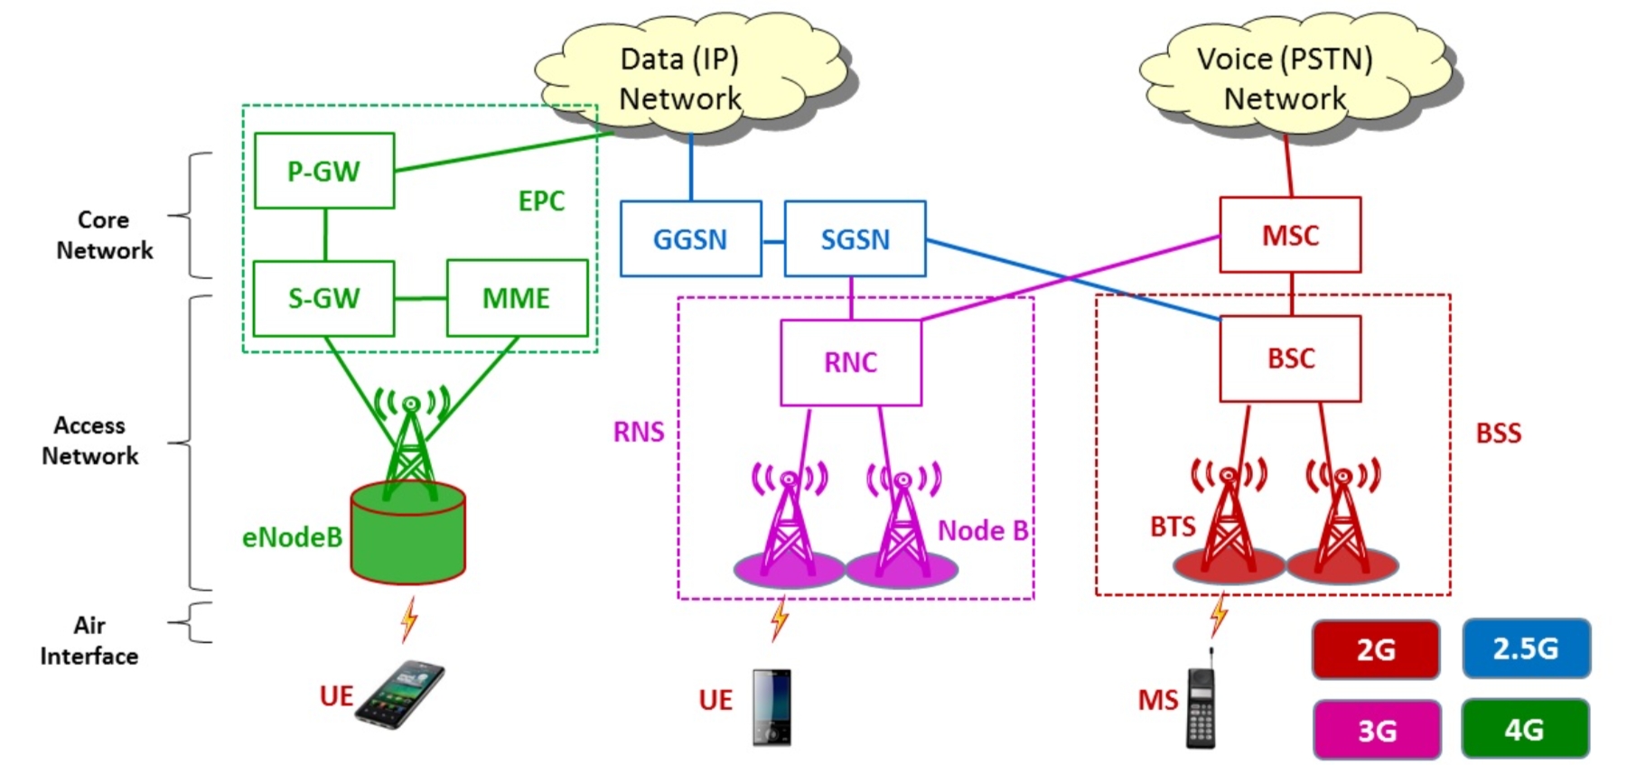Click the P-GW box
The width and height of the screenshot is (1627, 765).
pyautogui.click(x=323, y=171)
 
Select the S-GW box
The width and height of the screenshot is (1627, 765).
pyautogui.click(x=323, y=298)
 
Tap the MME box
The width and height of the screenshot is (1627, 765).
pyautogui.click(x=517, y=298)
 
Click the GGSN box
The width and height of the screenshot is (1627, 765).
pyautogui.click(x=690, y=238)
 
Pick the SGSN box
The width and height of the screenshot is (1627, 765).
pyautogui.click(x=855, y=238)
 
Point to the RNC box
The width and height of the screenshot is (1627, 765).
pyautogui.click(x=850, y=361)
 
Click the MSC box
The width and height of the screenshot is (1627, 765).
pyautogui.click(x=1289, y=235)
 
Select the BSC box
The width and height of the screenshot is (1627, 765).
pyautogui.click(x=1289, y=358)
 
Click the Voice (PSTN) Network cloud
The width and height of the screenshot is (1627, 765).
pyautogui.click(x=1285, y=78)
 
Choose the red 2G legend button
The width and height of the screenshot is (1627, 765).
pyautogui.click(x=1375, y=648)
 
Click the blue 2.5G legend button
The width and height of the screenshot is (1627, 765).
pyautogui.click(x=1525, y=648)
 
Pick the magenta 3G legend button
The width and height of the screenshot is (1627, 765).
pyautogui.click(x=1376, y=729)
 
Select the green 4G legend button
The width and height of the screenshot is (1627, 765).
pyautogui.click(x=1524, y=728)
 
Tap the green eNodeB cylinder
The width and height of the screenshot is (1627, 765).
pyautogui.click(x=407, y=538)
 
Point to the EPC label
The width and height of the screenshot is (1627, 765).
pyautogui.click(x=540, y=201)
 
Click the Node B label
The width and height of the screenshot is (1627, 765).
pyautogui.click(x=982, y=530)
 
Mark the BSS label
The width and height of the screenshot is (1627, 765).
pyautogui.click(x=1498, y=434)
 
